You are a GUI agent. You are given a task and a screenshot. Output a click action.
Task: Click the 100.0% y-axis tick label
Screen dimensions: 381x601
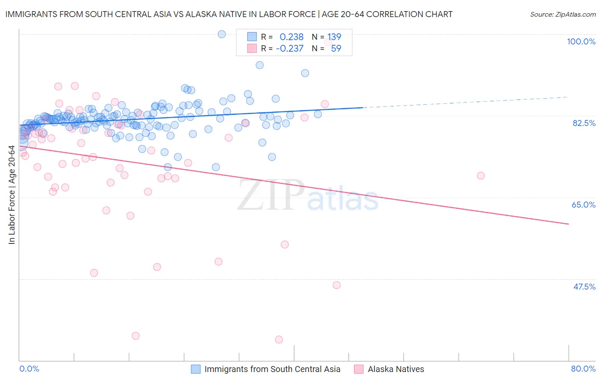tap(581, 41)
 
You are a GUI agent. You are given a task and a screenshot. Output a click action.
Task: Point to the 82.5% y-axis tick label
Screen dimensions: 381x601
tap(584, 123)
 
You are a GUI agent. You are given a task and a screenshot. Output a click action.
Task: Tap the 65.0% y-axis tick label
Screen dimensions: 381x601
tap(583, 205)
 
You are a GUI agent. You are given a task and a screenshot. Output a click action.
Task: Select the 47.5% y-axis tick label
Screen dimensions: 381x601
tap(584, 287)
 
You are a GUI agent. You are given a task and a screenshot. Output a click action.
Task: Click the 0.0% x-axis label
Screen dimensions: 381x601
tap(29, 369)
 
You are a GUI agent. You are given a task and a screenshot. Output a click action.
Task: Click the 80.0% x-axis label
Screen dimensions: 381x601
tap(583, 369)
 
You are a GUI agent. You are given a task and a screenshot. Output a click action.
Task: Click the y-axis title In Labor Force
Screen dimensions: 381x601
tap(12, 195)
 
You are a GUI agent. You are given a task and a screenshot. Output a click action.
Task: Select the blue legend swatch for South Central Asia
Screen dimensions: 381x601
tap(196, 369)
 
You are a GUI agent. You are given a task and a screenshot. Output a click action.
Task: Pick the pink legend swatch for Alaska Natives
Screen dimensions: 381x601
tap(359, 369)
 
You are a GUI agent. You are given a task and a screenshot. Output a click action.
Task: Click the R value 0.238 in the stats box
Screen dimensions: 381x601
tap(292, 37)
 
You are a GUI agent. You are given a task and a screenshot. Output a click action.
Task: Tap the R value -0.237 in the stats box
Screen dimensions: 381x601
tap(290, 49)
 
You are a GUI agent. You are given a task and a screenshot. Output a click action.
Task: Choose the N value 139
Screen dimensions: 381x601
tap(334, 37)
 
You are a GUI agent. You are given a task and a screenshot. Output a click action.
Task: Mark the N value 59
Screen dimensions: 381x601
tap(336, 49)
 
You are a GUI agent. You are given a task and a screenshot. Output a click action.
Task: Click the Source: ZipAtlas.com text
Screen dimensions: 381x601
tap(563, 15)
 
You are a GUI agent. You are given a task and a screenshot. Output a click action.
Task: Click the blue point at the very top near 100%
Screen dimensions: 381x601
tap(221, 34)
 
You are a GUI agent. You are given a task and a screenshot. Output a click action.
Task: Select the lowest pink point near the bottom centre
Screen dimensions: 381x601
tap(279, 340)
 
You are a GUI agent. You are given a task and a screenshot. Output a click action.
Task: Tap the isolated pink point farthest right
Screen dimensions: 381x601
tap(480, 176)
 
